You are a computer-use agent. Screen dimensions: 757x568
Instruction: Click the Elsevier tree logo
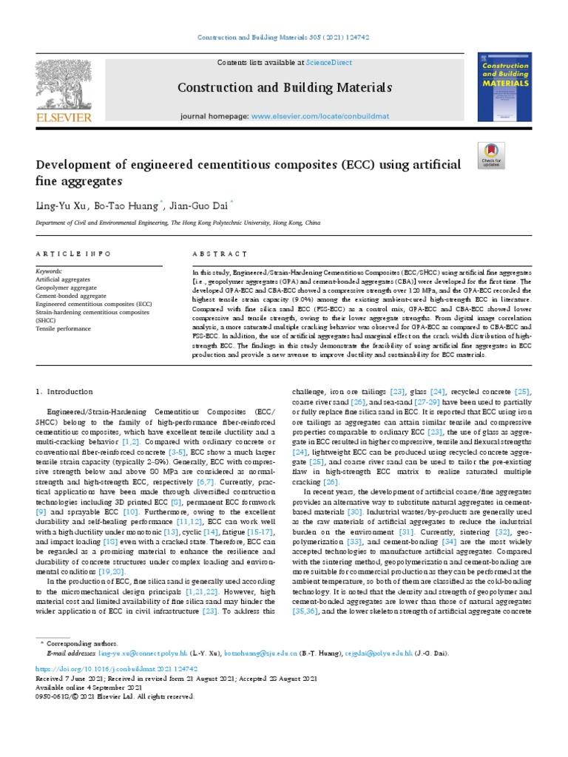64,84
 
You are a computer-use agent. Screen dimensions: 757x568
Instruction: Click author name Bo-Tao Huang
121,206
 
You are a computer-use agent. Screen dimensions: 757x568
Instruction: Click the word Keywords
49,271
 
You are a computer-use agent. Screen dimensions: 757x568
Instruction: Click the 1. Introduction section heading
64,391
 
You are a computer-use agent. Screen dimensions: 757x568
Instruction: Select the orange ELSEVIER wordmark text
64,117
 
